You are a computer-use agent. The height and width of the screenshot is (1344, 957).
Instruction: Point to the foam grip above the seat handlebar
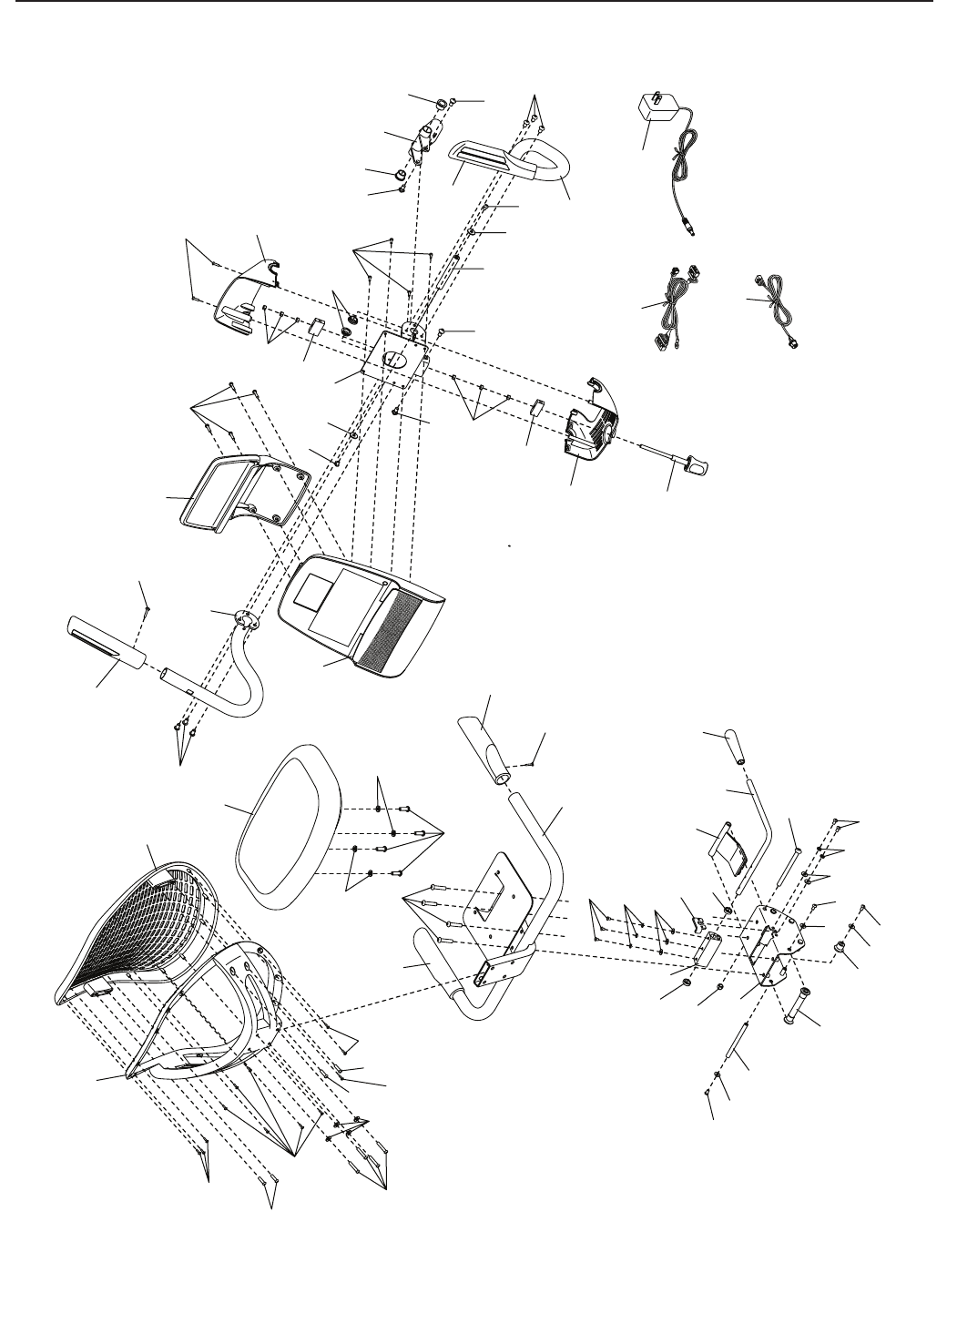490,738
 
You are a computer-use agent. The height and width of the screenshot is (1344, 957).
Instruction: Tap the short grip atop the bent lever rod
733,746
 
